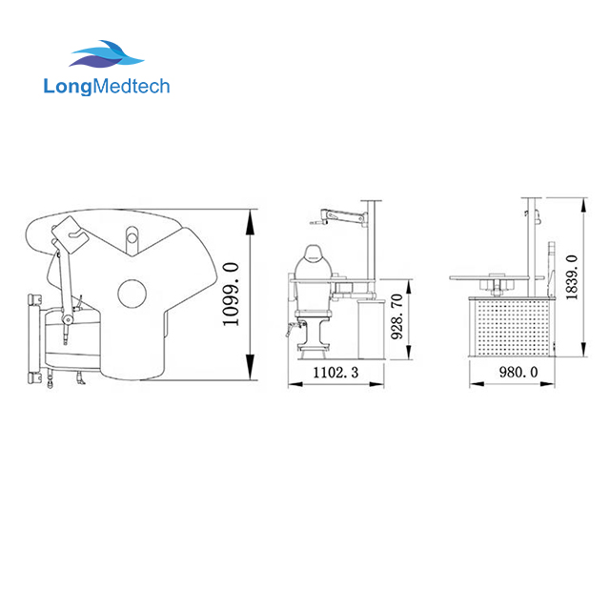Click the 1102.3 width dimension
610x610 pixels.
tap(335, 374)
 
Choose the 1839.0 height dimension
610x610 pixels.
tap(571, 277)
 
